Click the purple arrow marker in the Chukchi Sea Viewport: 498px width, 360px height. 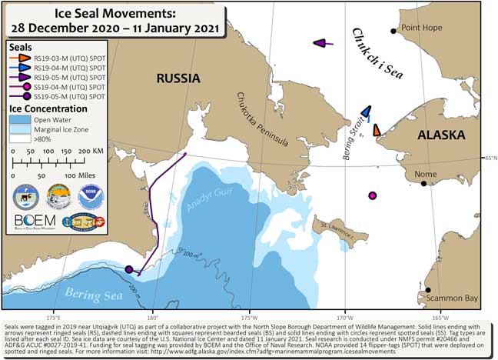pos(323,44)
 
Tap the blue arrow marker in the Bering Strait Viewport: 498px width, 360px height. pos(367,114)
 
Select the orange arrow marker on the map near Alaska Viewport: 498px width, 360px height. pos(376,130)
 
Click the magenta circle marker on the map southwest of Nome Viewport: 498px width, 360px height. pos(373,196)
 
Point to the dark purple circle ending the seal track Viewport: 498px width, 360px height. pos(129,269)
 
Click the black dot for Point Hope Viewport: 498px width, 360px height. pos(393,31)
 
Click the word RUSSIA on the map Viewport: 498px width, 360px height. pos(178,78)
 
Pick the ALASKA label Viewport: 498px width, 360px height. pos(440,135)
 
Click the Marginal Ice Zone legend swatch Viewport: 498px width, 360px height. pos(21,129)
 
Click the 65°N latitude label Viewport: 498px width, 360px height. pos(490,158)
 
